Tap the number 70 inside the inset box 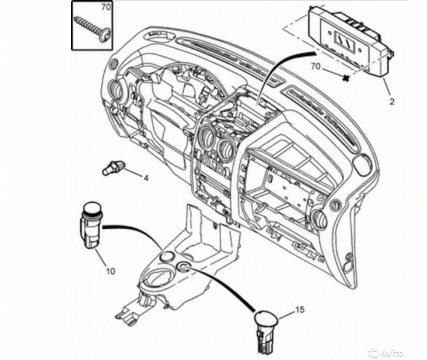click(x=106, y=7)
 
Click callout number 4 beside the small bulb click(x=145, y=178)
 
